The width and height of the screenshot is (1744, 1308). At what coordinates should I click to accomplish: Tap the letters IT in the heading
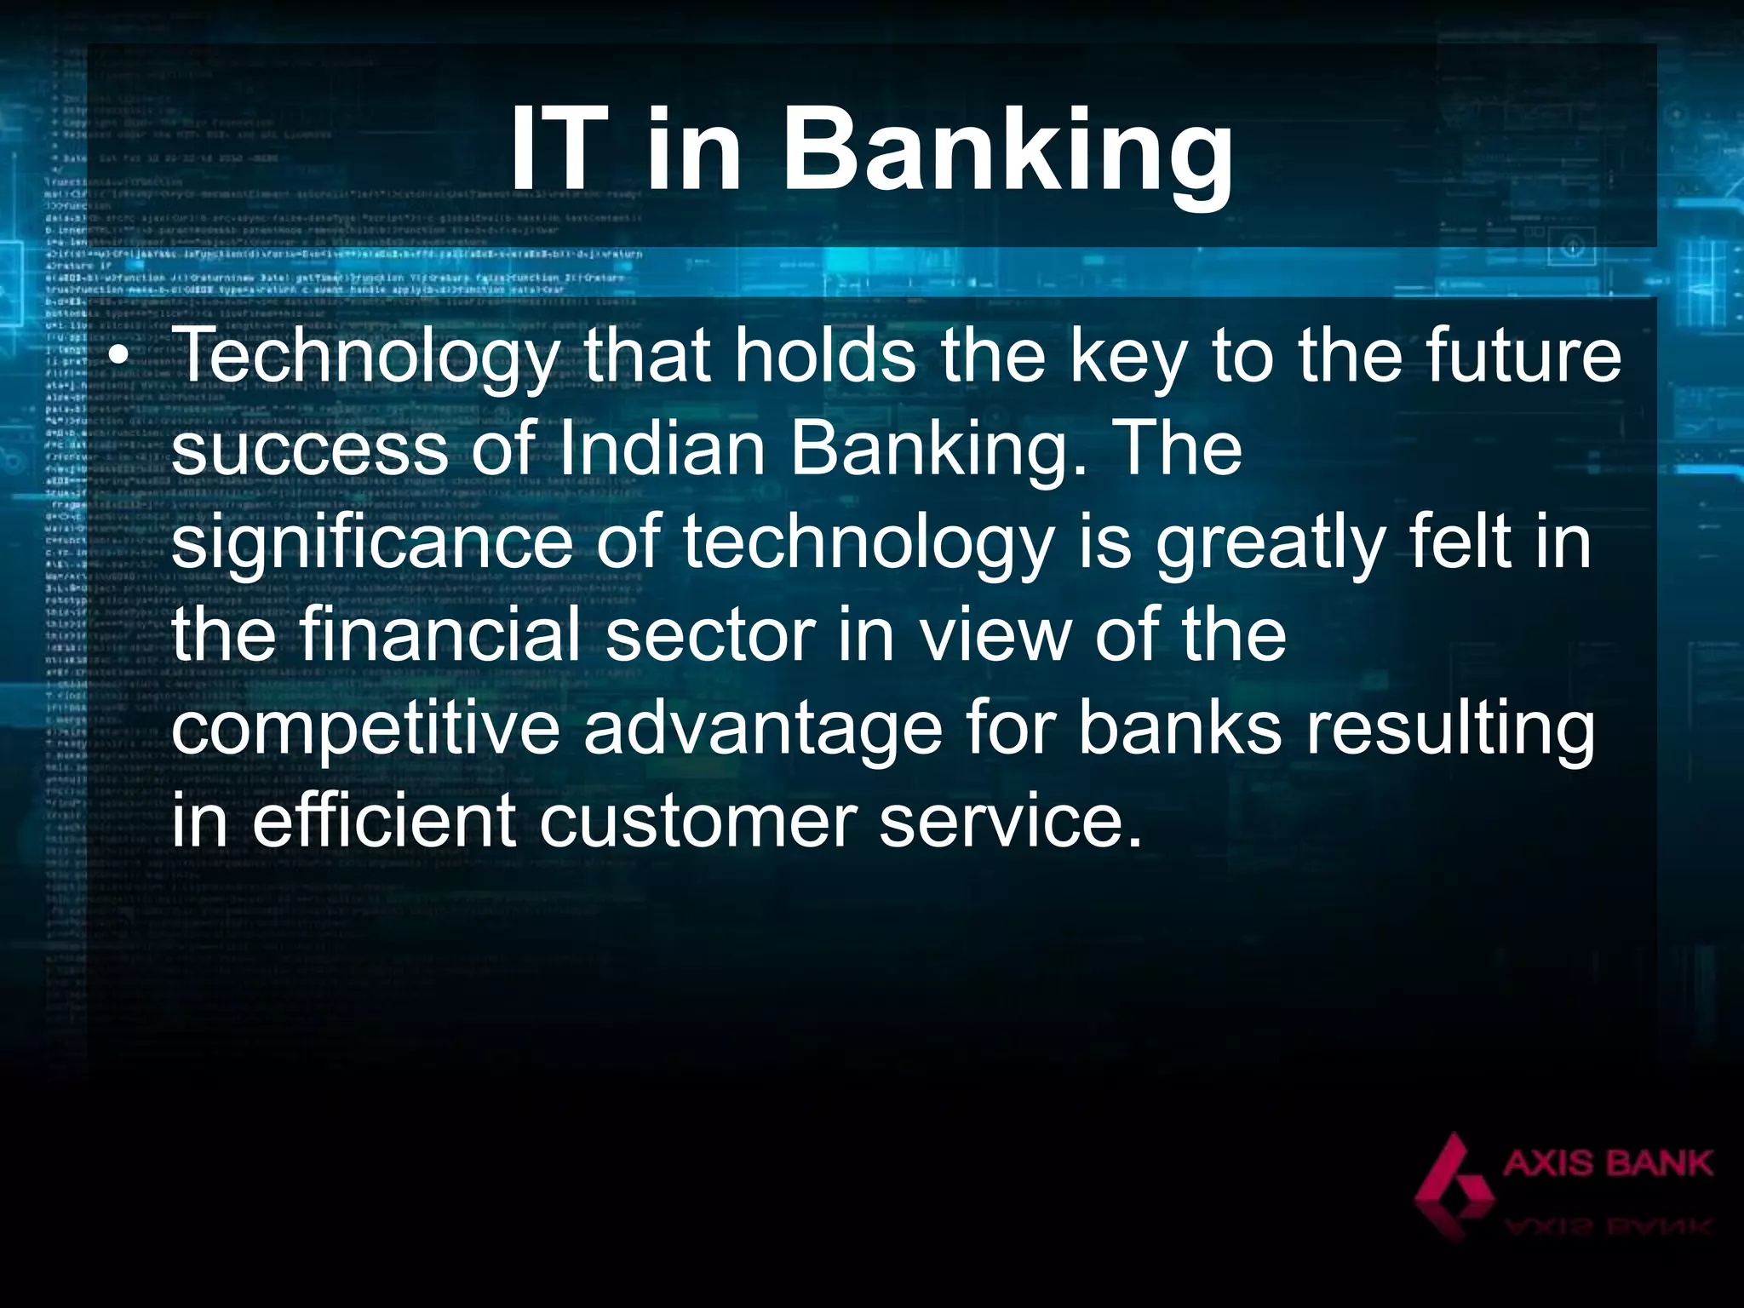565,152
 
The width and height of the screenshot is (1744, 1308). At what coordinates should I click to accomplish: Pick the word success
309,449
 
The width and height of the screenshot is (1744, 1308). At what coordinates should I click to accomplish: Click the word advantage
762,729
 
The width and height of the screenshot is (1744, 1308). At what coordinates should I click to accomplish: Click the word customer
698,822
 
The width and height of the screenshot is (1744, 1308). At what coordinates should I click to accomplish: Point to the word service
1009,822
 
